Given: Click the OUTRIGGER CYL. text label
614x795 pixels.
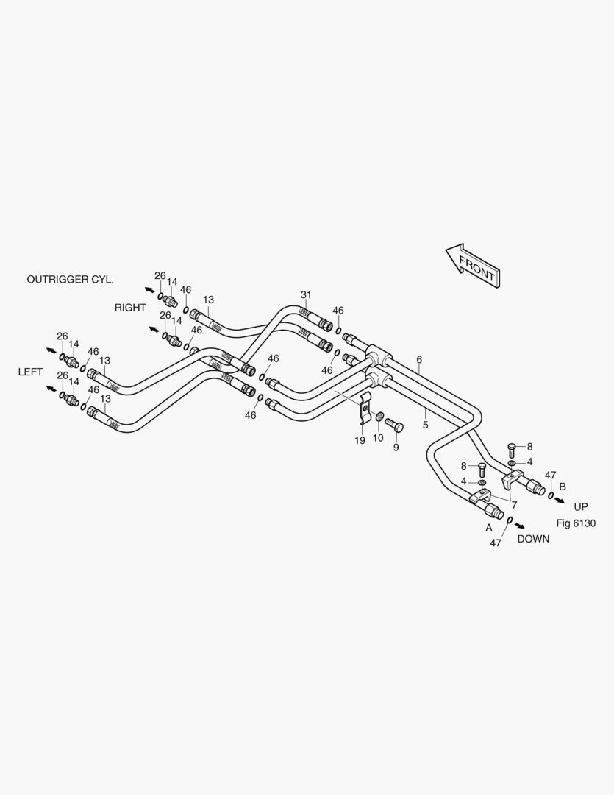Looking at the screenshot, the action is tap(70, 280).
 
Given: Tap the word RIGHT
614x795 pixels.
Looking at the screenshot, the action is tap(130, 308).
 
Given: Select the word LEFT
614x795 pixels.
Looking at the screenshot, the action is tap(30, 372).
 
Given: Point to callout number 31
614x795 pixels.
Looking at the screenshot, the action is tap(306, 294).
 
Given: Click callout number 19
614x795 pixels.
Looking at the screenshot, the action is tap(360, 441).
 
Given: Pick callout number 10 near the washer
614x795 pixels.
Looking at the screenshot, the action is tap(378, 437).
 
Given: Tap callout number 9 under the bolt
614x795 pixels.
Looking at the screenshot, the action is tap(396, 448).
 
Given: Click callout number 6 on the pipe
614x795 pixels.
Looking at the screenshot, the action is tap(419, 360).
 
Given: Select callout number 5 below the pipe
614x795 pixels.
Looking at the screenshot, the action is tap(426, 425).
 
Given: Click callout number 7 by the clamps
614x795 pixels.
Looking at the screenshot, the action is tap(514, 505).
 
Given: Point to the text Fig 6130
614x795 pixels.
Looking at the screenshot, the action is tap(576, 523).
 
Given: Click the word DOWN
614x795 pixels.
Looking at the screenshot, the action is tap(533, 539).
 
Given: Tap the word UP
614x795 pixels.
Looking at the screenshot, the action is tap(581, 507).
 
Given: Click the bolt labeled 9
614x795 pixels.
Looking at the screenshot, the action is tap(394, 424).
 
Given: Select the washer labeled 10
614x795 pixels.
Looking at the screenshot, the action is tap(379, 417).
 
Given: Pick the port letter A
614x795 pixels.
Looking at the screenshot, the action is tap(489, 528).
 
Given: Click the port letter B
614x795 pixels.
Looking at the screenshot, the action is tap(563, 487).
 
